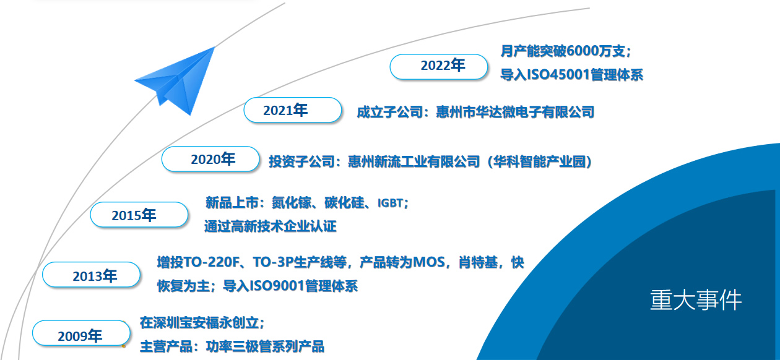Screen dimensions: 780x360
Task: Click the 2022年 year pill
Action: [438, 67]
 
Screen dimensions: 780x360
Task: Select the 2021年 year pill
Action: [292, 110]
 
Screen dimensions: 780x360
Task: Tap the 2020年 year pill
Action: [210, 159]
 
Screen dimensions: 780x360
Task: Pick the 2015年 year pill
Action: [139, 215]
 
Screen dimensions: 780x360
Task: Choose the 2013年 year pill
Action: [91, 275]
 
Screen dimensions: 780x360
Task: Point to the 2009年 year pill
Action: [81, 333]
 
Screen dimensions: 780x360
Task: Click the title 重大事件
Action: [696, 300]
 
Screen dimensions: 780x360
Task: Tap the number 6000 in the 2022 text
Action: [581, 51]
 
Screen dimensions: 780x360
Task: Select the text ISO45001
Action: [558, 75]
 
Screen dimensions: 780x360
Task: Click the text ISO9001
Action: [277, 286]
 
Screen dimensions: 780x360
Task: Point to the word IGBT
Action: [390, 203]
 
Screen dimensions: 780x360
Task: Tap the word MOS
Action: [428, 262]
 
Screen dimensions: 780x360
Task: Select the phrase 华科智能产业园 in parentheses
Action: [539, 161]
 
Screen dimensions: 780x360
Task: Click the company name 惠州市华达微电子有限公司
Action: [515, 112]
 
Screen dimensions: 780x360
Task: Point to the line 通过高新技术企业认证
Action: [270, 226]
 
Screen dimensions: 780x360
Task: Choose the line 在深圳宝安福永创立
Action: [199, 323]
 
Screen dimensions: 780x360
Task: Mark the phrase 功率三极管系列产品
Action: [265, 346]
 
